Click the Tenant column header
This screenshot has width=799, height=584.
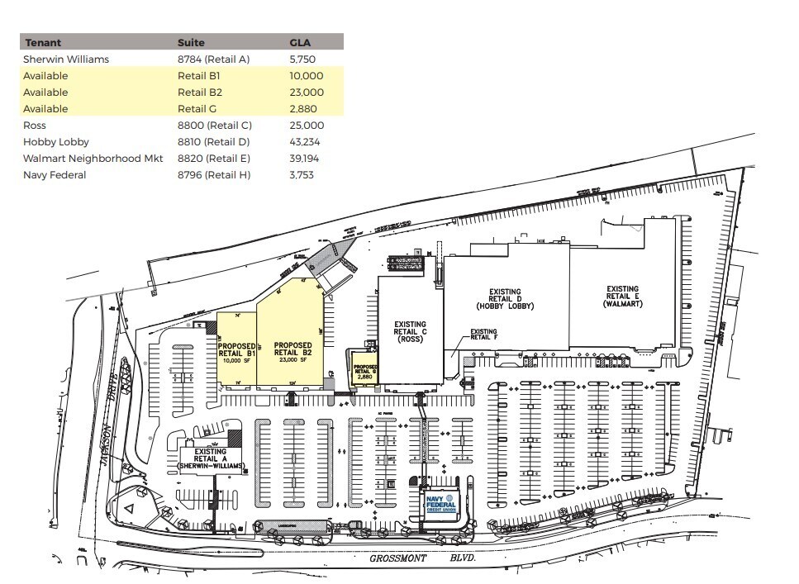43,42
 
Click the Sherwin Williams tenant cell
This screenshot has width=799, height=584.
66,59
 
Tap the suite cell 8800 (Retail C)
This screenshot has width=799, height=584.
214,126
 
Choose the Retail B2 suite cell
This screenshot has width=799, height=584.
200,93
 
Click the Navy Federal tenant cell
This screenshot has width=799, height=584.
55,175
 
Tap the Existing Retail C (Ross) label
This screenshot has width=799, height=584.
410,331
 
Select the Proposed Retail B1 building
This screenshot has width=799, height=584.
235,351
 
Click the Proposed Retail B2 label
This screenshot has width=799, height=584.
292,352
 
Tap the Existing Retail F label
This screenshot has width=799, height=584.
483,335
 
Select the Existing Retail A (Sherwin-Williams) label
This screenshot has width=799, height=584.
212,459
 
